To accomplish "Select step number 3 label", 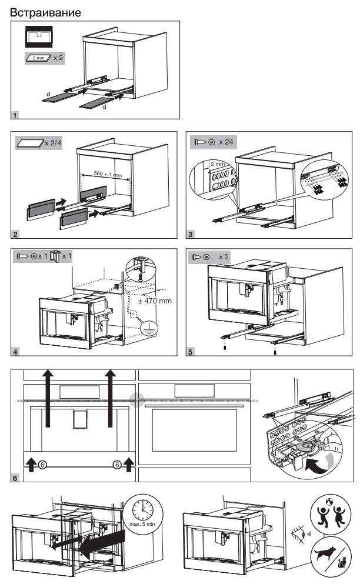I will [x=191, y=235].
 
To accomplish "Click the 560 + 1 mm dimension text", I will [x=105, y=175].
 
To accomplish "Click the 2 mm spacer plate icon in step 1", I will [x=37, y=58].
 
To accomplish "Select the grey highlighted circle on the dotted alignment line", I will [x=137, y=400].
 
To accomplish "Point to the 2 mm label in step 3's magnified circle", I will [x=217, y=164].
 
